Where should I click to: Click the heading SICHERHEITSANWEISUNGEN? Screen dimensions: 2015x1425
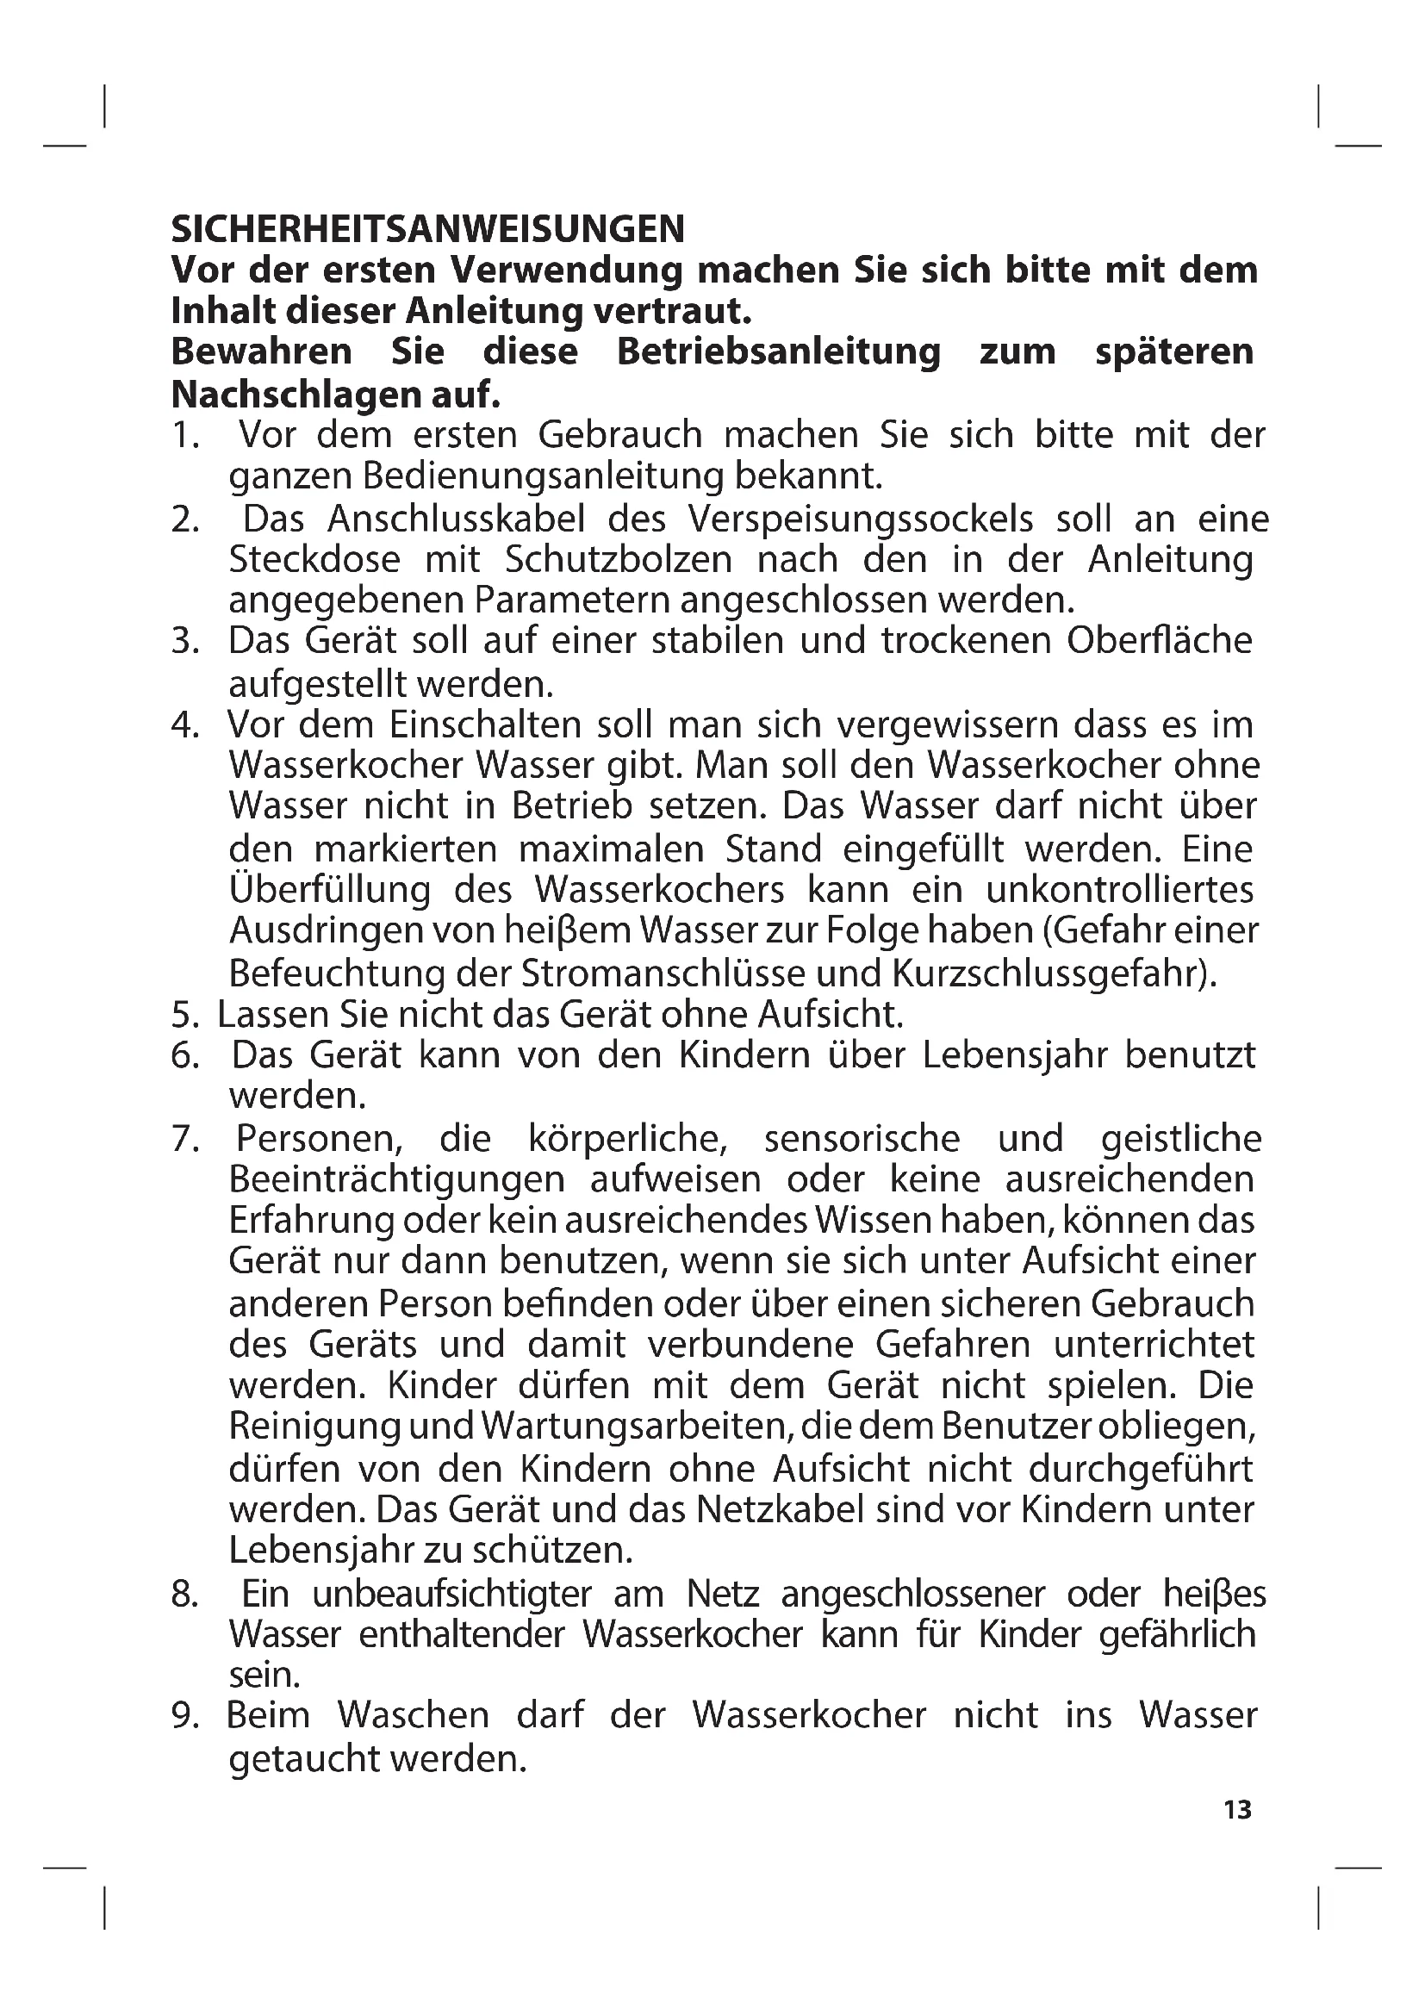click(x=427, y=230)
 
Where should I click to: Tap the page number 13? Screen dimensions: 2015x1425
click(x=1237, y=1810)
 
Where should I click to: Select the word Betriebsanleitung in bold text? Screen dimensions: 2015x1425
click(x=778, y=352)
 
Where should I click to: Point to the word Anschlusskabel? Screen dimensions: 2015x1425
click(x=457, y=519)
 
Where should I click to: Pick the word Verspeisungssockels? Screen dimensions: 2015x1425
click(x=861, y=519)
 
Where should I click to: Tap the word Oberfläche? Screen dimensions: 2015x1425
click(x=1159, y=641)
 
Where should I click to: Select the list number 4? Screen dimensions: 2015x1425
click(x=185, y=725)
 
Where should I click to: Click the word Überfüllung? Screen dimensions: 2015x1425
click(x=331, y=890)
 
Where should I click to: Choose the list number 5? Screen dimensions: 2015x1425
click(x=185, y=1016)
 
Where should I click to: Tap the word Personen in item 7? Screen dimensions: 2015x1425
click(x=319, y=1139)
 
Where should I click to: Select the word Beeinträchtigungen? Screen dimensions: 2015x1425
click(x=396, y=1179)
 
